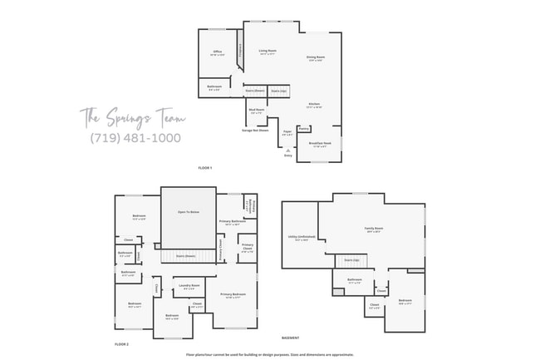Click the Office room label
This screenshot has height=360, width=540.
click(x=217, y=52)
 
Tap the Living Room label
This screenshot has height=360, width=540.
click(x=267, y=52)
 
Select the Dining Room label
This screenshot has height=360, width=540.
click(x=316, y=58)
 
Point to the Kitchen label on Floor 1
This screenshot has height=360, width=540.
click(x=314, y=105)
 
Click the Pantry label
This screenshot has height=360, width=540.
click(x=304, y=129)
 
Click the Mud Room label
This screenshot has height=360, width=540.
click(x=257, y=110)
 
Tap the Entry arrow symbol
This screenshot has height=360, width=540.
click(x=288, y=150)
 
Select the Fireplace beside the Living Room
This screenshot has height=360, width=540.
click(x=241, y=50)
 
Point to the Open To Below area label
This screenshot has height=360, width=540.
click(x=188, y=212)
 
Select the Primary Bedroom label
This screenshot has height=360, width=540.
click(x=233, y=294)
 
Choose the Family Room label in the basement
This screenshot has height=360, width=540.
click(x=374, y=229)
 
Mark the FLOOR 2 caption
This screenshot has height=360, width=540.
click(x=121, y=343)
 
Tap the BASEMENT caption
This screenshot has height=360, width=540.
click(x=290, y=338)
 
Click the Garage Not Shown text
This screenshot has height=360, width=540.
click(x=255, y=130)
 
